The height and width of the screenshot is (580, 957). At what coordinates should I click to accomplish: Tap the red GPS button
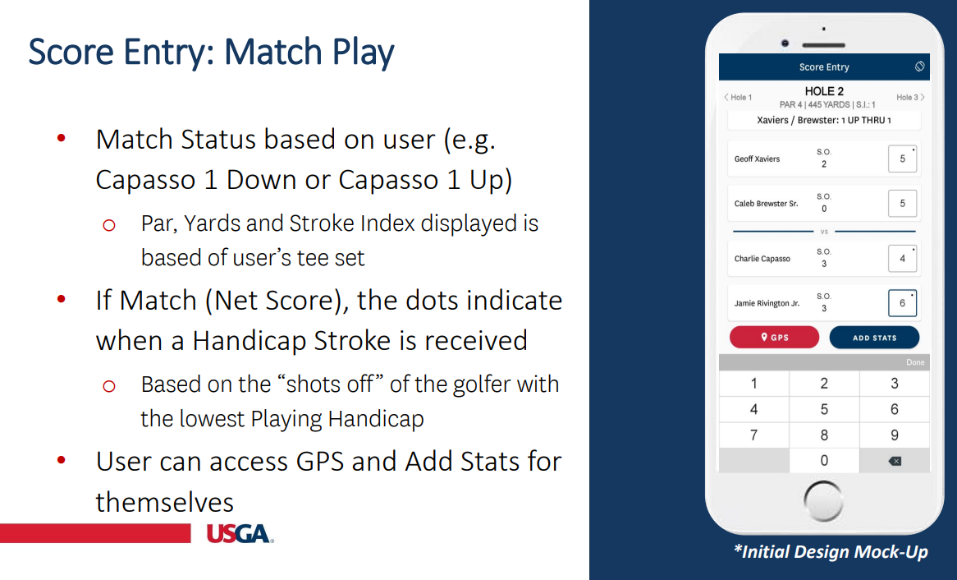(774, 338)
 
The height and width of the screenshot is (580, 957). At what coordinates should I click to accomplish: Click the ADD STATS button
(874, 338)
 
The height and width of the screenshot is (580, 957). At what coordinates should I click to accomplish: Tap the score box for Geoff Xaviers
(902, 159)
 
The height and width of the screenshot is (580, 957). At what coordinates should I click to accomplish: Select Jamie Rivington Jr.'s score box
(902, 303)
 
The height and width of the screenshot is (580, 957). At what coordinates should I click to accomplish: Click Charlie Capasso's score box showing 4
(902, 258)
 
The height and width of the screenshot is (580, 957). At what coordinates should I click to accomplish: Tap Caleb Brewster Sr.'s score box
(902, 203)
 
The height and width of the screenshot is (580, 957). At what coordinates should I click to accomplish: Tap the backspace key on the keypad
(894, 461)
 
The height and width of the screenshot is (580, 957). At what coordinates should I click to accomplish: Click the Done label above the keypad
(914, 362)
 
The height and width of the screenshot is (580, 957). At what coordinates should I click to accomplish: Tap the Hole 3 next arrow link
(910, 98)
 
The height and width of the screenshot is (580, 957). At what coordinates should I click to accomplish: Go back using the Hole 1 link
(738, 98)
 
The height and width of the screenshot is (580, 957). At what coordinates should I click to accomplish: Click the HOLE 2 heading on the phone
(824, 91)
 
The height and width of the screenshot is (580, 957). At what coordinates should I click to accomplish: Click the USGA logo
(239, 534)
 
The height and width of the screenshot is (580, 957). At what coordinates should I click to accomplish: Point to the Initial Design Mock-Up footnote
(830, 552)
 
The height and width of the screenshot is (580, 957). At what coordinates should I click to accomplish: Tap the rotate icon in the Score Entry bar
(919, 67)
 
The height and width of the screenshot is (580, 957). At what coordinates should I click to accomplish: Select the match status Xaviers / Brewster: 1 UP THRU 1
(824, 121)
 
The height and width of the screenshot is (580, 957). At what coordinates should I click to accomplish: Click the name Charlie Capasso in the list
(762, 259)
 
